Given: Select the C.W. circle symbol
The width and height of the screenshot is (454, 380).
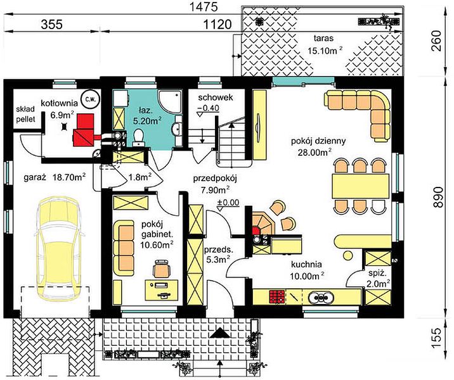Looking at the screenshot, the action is tap(91, 99).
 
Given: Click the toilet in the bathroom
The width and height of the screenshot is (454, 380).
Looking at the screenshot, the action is tap(138, 137).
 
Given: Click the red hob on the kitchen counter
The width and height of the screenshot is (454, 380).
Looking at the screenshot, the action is tap(277, 296).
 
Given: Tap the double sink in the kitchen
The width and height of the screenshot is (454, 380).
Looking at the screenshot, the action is tap(321, 297).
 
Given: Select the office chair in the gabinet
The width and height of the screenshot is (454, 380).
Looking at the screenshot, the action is tap(161, 269).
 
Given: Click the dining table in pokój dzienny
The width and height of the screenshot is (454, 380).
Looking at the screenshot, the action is tap(360, 186).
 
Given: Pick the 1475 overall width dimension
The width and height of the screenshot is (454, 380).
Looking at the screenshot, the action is tap(203, 7).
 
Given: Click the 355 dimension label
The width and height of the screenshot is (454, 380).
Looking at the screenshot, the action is tap(51, 24).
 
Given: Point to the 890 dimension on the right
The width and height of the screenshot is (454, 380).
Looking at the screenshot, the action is tap(438, 197).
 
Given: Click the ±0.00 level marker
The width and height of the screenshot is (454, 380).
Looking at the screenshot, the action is tap(228, 203).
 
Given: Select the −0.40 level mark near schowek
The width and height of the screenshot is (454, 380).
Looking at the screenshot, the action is tap(208, 108).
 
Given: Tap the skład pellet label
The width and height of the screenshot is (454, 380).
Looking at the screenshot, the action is tap(25, 114).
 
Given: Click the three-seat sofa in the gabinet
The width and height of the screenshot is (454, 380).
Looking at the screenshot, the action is tap(124, 248).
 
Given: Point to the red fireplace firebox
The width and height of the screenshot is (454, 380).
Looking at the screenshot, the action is tap(256, 231).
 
